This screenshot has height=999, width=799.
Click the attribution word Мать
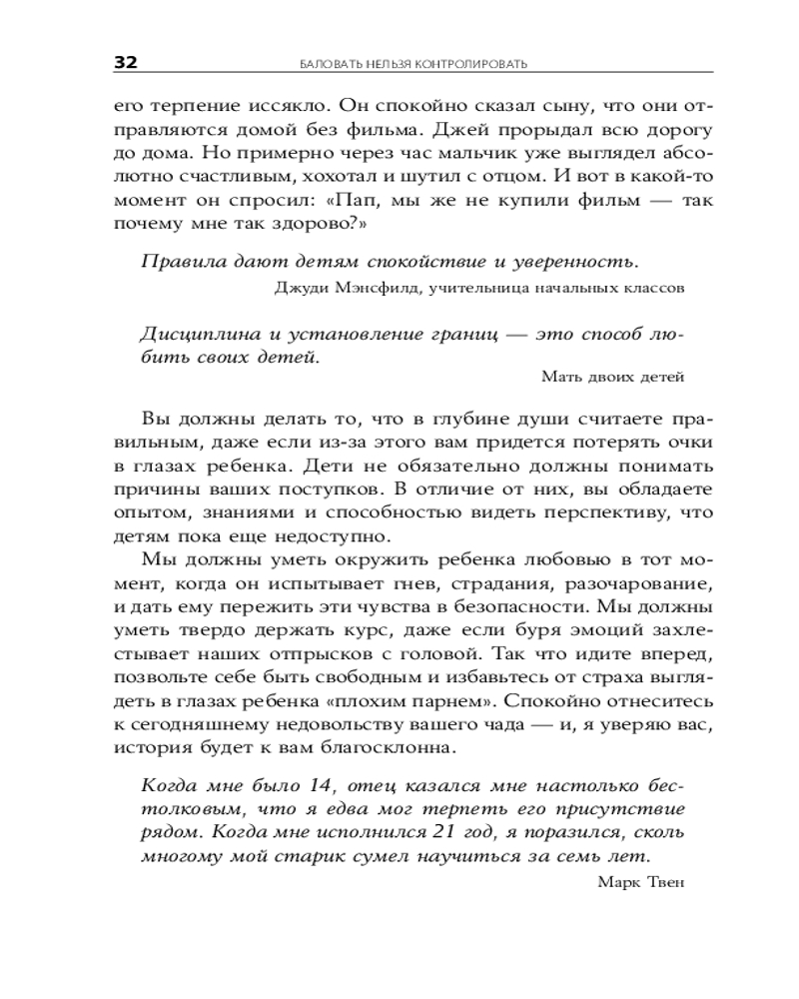(559, 377)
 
